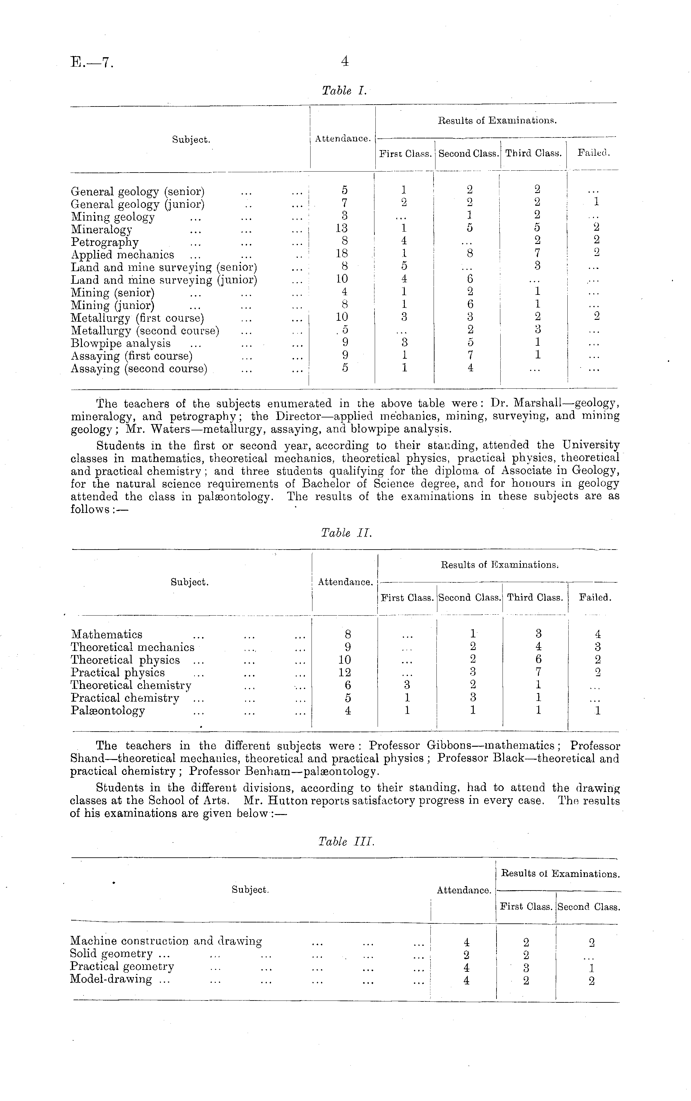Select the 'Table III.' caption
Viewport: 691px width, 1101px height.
tap(346, 842)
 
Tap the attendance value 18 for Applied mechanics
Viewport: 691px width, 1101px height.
tap(342, 253)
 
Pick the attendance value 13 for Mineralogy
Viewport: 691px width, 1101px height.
tap(342, 228)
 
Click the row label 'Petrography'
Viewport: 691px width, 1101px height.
tap(105, 242)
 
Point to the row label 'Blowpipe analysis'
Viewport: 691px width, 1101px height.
tap(121, 344)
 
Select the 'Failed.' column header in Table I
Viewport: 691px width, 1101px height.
tap(594, 154)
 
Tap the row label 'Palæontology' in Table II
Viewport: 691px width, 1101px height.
tap(108, 710)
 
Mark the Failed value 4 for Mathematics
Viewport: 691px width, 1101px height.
tap(598, 634)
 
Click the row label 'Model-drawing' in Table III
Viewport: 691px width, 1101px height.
tap(111, 979)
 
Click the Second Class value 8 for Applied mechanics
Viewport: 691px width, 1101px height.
tap(470, 253)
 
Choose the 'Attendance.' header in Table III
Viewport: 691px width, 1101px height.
tap(464, 890)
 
